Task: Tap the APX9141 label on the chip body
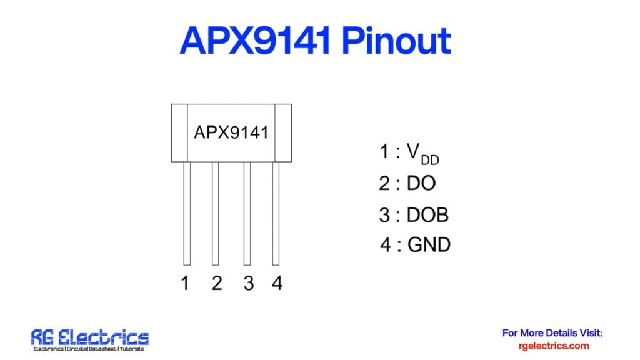click(x=231, y=132)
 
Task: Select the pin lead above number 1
click(x=187, y=213)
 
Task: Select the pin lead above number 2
click(x=216, y=213)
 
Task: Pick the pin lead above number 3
click(x=247, y=213)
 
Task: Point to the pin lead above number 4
click(x=276, y=213)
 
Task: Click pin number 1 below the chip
click(x=185, y=284)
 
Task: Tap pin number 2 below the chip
click(x=216, y=284)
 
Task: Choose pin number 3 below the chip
click(x=249, y=284)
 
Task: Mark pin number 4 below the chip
click(x=277, y=284)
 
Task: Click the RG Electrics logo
click(x=90, y=340)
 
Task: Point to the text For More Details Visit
click(x=552, y=333)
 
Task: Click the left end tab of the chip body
click(x=180, y=132)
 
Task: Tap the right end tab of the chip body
click(x=283, y=132)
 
